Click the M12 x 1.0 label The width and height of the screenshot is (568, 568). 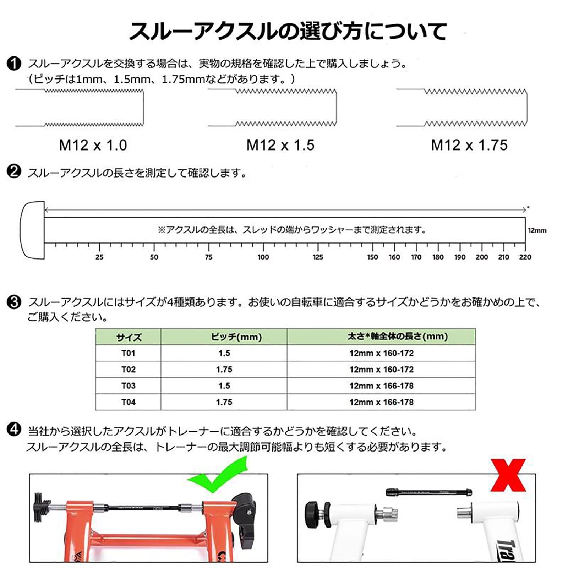click(93, 145)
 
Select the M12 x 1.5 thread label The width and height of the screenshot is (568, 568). click(280, 145)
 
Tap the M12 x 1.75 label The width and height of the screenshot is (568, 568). click(469, 145)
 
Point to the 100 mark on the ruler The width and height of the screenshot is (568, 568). click(263, 257)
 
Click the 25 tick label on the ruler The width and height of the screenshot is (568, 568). click(99, 257)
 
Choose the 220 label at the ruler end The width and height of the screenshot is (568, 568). click(525, 257)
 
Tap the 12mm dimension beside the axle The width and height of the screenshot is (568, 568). click(537, 230)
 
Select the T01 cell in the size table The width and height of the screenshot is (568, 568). click(128, 353)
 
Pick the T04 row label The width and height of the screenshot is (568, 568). click(128, 402)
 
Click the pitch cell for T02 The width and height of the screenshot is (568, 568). click(224, 370)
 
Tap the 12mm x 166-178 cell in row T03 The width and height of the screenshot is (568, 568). click(381, 386)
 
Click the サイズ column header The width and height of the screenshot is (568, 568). click(129, 337)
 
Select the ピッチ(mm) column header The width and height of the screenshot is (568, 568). click(236, 337)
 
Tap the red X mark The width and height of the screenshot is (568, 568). click(508, 475)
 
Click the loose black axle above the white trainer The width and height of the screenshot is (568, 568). click(429, 492)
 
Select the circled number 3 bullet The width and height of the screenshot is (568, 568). click(14, 302)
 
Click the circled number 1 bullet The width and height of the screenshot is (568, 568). click(14, 64)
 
